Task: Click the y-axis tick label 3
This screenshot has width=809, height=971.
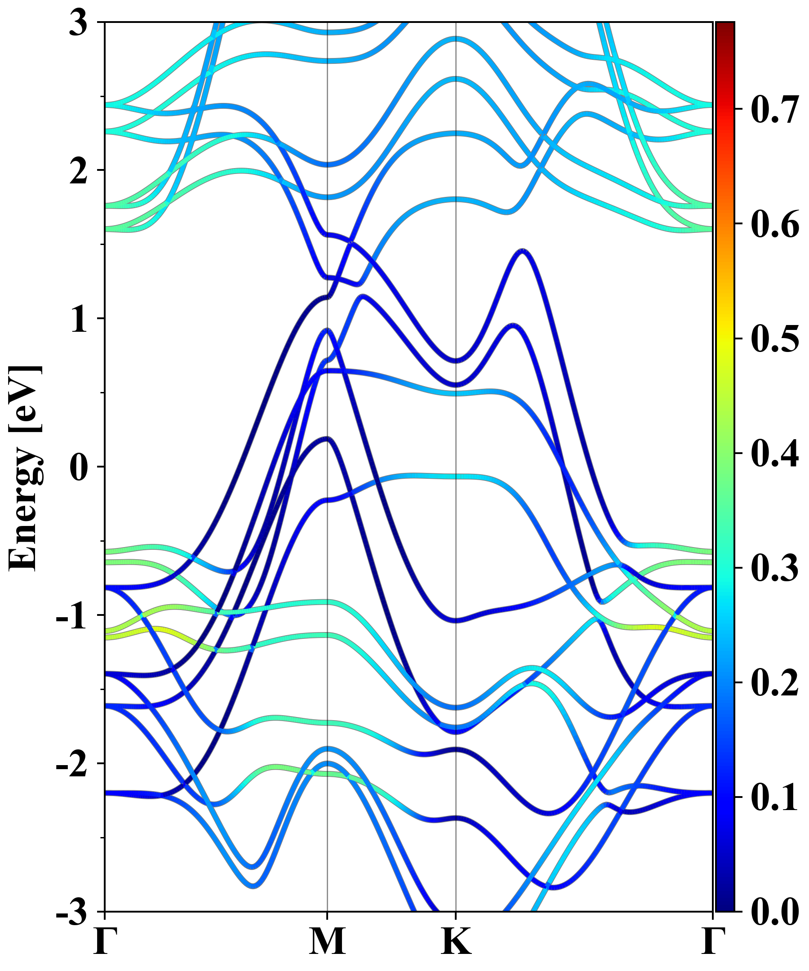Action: [78, 23]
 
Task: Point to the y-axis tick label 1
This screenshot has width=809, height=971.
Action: [79, 320]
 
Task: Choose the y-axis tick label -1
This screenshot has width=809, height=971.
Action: [71, 616]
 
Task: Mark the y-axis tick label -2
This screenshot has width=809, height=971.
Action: [71, 765]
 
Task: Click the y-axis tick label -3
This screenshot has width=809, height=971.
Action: [71, 913]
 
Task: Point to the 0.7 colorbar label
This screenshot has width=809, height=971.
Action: [774, 110]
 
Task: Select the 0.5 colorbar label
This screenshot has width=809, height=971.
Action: [774, 339]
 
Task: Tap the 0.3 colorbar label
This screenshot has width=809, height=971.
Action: [774, 568]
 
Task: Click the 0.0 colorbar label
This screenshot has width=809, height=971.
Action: [774, 912]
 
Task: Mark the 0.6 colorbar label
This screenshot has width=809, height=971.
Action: [774, 224]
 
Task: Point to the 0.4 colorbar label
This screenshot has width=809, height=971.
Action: [774, 454]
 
